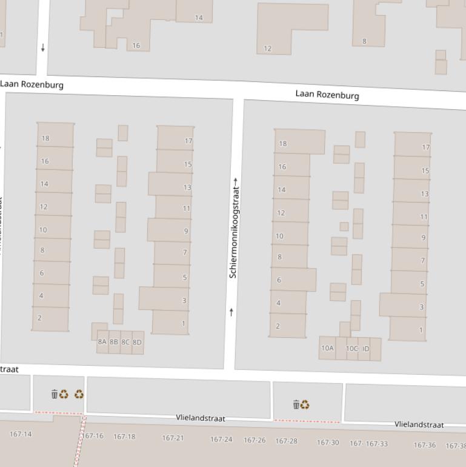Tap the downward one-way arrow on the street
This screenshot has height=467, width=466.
pyautogui.click(x=43, y=47)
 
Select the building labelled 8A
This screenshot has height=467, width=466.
pyautogui.click(x=102, y=342)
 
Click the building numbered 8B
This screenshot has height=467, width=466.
pyautogui.click(x=114, y=342)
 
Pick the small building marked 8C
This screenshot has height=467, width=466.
pyautogui.click(x=125, y=343)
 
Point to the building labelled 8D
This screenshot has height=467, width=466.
pyautogui.click(x=138, y=343)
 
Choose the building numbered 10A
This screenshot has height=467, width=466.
pyautogui.click(x=327, y=348)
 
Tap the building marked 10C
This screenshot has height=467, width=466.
pyautogui.click(x=352, y=349)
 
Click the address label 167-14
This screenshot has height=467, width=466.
pyautogui.click(x=21, y=434)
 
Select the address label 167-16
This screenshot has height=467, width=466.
pyautogui.click(x=93, y=436)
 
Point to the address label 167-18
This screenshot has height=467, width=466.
pyautogui.click(x=124, y=437)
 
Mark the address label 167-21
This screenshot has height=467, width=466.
pyautogui.click(x=173, y=438)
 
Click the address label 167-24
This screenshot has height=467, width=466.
pyautogui.click(x=221, y=440)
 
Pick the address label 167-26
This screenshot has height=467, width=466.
pyautogui.click(x=255, y=440)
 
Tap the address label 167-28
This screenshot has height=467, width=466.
pyautogui.click(x=287, y=441)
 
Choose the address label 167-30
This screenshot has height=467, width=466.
pyautogui.click(x=328, y=443)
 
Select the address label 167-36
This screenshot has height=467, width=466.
pyautogui.click(x=425, y=445)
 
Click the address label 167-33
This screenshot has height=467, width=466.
pyautogui.click(x=376, y=444)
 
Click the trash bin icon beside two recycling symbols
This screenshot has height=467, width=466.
pyautogui.click(x=55, y=394)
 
